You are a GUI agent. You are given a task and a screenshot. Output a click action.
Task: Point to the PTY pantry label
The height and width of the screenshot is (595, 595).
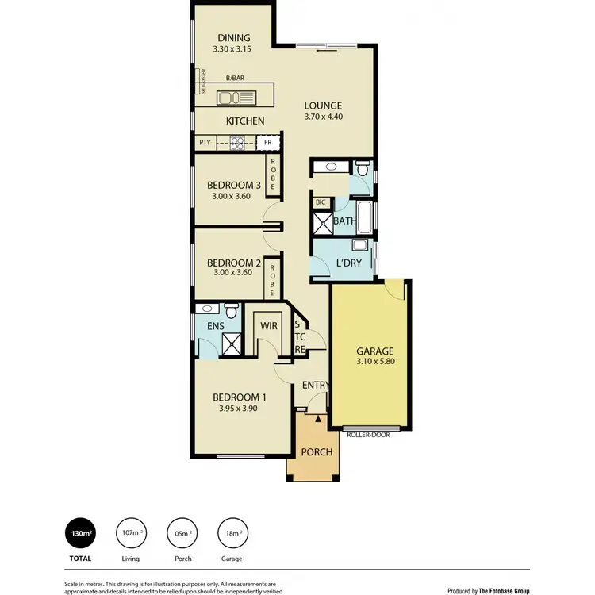205,144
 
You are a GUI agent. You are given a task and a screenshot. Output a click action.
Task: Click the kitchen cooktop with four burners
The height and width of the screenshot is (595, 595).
236,144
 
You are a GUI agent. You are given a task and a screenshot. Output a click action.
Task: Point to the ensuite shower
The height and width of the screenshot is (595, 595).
232,344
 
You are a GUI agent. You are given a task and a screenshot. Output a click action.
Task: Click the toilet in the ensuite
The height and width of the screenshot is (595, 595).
232,309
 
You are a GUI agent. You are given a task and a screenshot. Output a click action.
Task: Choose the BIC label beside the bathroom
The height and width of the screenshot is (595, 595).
321,202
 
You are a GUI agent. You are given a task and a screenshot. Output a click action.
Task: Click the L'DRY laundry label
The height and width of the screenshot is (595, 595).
349,263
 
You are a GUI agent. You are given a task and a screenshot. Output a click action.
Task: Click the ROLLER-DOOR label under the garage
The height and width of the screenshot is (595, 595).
368,434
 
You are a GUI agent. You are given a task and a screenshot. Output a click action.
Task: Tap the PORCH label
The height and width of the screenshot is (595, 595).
316,452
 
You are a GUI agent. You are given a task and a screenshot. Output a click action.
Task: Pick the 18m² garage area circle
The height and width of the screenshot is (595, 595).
232,532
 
